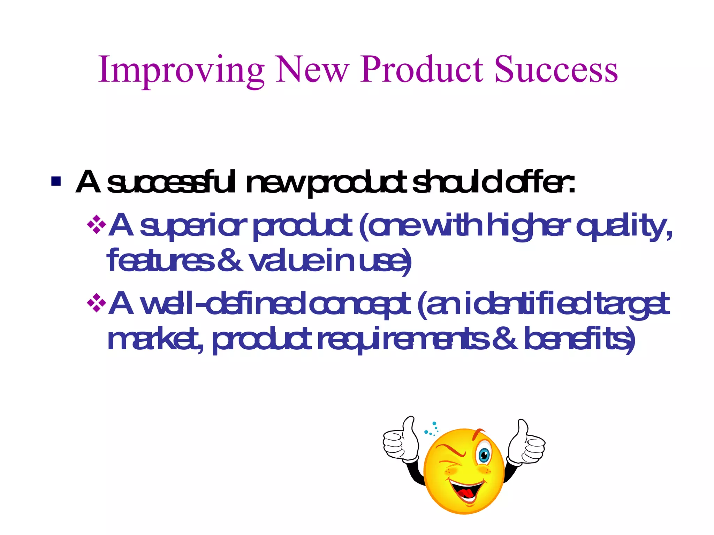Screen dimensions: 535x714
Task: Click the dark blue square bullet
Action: point(56,181)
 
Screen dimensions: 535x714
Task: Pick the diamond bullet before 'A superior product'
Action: point(96,225)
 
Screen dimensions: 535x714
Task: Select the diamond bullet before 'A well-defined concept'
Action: point(96,303)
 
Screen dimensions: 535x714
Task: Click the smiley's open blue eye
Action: point(484,455)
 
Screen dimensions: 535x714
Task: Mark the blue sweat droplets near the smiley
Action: point(432,429)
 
